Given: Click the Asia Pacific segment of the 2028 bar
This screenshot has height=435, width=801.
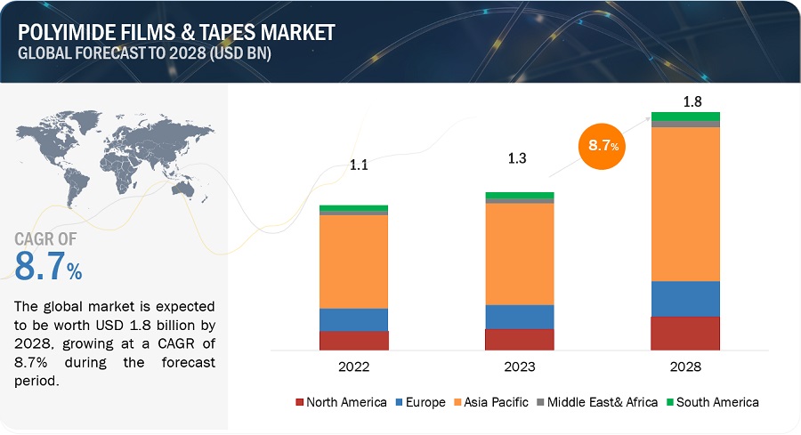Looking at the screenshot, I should pos(685,204).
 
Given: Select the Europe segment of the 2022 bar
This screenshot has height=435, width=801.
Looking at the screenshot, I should pos(353,319).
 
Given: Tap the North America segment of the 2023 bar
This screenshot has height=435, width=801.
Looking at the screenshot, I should pos(520,339).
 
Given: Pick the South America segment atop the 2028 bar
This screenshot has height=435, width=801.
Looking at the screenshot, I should pos(685,117).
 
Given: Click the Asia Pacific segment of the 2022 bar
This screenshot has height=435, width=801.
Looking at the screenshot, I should pos(353,262).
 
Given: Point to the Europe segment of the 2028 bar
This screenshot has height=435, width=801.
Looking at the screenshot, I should pos(685,298).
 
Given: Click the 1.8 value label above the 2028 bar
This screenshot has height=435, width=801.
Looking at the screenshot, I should pos(686,101).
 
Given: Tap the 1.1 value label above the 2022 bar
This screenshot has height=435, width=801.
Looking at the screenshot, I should pos(358,165).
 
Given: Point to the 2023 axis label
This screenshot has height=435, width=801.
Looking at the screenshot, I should pos(520,367).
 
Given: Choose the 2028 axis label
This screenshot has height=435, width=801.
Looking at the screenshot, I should pos(685,367).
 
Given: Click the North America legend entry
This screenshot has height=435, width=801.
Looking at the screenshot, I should pos(342,402).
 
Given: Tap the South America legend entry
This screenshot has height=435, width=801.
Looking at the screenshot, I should pos(711,402).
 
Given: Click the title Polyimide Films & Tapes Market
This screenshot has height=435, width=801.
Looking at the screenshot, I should pos(175,33).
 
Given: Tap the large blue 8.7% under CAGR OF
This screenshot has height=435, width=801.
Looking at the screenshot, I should pos(49,266).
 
